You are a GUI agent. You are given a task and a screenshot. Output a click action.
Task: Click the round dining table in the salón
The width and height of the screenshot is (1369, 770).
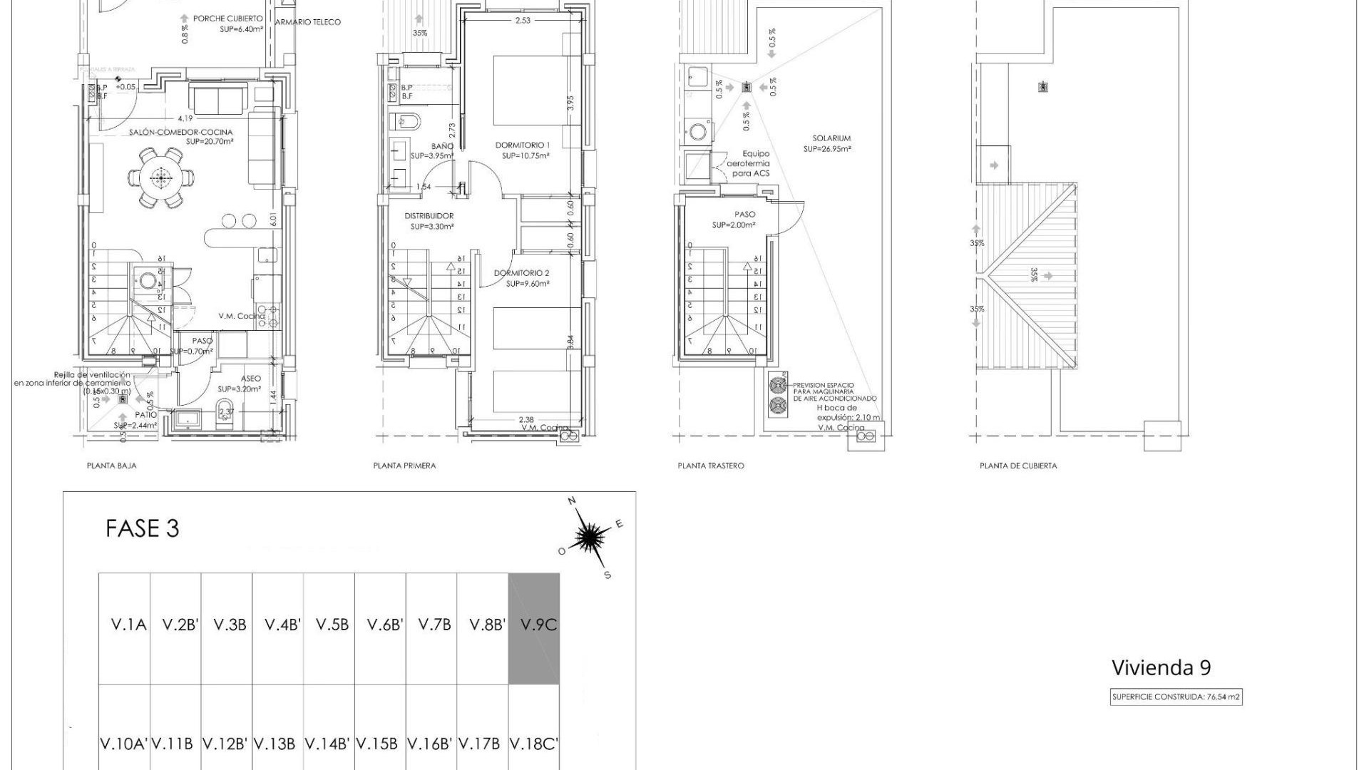[x=162, y=177]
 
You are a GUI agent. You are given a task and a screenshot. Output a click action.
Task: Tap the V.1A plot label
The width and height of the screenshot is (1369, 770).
[x=129, y=625]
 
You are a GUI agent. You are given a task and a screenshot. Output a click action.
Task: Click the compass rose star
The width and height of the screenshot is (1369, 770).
[x=588, y=537]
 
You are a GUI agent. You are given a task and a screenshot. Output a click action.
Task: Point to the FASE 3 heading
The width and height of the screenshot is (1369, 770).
[x=142, y=529]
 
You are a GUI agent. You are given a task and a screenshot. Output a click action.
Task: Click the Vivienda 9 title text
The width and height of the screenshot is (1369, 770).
[x=1161, y=668]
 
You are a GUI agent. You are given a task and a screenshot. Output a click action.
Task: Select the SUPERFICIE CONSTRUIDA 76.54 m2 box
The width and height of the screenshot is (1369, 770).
[x=1176, y=697]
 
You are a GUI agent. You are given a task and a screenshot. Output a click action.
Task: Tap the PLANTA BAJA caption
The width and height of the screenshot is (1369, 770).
[x=111, y=466]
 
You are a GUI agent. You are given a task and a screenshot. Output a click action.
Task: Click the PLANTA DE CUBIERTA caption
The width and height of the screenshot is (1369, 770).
[x=1018, y=466]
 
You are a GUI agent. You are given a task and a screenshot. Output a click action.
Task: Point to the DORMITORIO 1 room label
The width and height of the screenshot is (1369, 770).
[x=523, y=145]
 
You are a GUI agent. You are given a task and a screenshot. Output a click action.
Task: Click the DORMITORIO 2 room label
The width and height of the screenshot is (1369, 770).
[x=522, y=273]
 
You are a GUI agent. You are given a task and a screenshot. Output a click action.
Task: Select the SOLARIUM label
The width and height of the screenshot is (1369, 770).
[x=831, y=139]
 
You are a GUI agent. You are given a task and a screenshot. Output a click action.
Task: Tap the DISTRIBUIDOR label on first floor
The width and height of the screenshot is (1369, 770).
[x=429, y=216]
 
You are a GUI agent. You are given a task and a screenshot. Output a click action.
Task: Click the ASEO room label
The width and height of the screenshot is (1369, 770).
[x=250, y=379]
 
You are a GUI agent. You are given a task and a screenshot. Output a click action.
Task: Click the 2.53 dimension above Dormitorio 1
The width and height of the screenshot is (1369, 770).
[x=523, y=21]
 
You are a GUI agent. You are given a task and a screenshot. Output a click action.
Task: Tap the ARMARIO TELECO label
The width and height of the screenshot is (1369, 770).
[x=308, y=22]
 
